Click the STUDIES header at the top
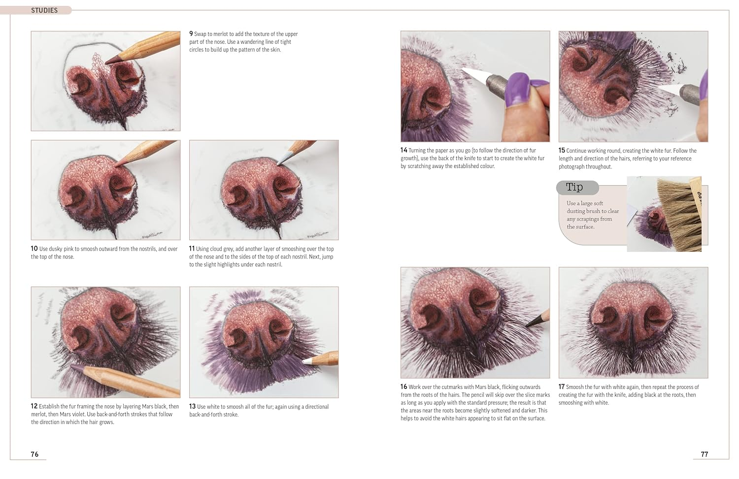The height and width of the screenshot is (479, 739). point(44,10)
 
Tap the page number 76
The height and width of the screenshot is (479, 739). point(34,454)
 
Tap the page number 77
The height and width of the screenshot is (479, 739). point(704,454)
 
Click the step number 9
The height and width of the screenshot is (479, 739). point(191,34)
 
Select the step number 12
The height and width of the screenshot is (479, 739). point(34,407)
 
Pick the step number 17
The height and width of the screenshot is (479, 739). point(562,387)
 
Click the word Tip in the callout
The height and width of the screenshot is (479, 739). point(574,187)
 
